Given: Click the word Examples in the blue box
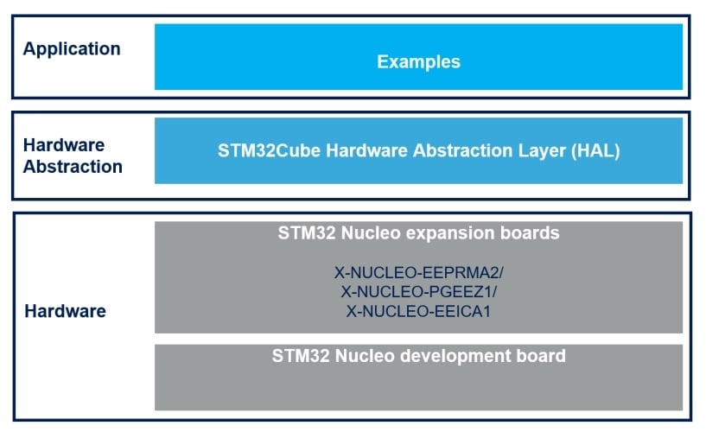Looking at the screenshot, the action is [418, 62].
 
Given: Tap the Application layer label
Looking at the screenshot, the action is [72, 49].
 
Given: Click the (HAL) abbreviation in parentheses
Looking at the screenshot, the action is [595, 150].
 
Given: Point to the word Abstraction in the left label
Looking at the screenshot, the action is [73, 167].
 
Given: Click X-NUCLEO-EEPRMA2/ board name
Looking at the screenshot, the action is [419, 273].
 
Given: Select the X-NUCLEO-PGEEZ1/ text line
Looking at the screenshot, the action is [419, 292].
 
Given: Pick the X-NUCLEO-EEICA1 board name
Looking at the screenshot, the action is [418, 311].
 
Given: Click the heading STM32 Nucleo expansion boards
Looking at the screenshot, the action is [418, 233].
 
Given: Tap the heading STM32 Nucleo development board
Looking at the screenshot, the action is [418, 356].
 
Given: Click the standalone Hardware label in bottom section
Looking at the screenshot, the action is [66, 311].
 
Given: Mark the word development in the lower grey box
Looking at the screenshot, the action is [455, 356].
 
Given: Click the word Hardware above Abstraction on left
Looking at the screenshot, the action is [64, 145].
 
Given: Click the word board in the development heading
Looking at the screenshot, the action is [541, 356].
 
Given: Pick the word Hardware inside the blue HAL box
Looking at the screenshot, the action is [367, 150].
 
